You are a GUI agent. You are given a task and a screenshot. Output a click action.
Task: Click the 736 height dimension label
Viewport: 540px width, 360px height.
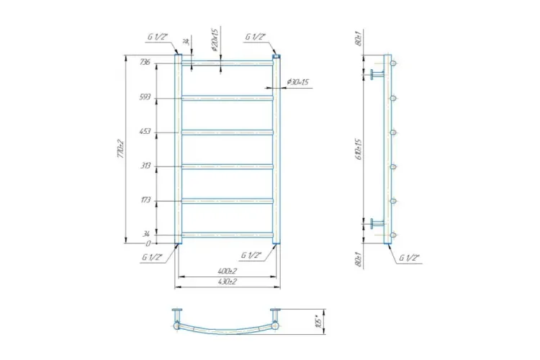(x=145, y=63)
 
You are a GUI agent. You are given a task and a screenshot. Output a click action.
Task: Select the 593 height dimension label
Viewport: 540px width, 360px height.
(x=145, y=97)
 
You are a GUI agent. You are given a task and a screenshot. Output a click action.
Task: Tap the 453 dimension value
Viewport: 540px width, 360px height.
(x=145, y=131)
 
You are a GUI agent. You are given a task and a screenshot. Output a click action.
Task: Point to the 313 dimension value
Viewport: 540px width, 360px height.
(x=145, y=166)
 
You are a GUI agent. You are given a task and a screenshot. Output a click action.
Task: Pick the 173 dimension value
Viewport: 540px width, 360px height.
(x=145, y=199)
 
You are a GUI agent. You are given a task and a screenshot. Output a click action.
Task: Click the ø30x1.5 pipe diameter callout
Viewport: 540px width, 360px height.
(x=297, y=81)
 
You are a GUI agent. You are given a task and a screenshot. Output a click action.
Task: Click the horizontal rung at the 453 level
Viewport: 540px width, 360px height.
(x=227, y=132)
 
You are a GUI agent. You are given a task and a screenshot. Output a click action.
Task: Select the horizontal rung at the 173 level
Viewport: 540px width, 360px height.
(x=227, y=200)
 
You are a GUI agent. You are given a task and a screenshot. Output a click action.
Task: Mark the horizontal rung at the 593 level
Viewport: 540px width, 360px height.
(x=227, y=97)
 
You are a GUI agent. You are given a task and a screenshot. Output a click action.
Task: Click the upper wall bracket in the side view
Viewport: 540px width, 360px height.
(x=377, y=74)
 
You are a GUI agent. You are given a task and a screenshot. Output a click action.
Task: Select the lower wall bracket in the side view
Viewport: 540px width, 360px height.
(x=377, y=223)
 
